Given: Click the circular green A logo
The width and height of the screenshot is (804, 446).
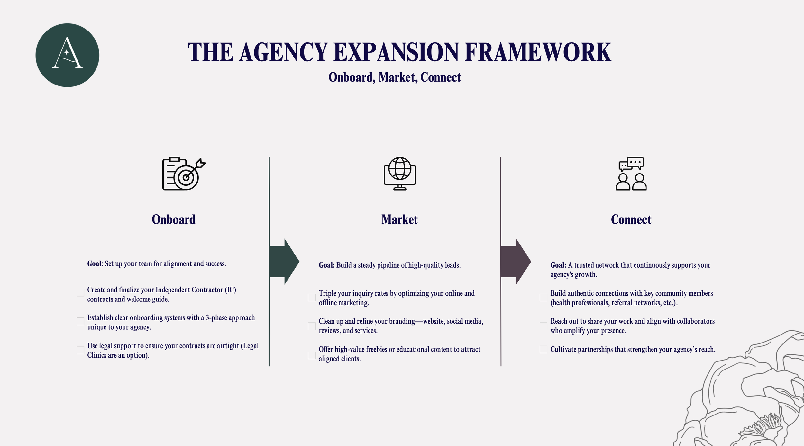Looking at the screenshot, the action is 67,55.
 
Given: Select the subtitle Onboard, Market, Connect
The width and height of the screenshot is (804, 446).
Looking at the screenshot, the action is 394,77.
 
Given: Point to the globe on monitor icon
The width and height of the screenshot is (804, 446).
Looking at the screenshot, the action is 399,174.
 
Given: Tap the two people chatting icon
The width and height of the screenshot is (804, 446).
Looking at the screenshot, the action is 631,174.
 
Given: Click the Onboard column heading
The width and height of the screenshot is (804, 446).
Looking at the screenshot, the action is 173,220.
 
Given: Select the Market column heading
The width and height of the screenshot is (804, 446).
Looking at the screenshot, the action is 399,220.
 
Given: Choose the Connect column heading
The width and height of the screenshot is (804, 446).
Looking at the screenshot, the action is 631,220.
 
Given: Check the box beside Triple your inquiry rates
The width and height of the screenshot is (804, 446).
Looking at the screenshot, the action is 312,298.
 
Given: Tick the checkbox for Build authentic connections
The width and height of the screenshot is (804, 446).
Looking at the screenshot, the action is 543,298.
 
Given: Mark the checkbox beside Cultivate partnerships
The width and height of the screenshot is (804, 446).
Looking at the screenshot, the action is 543,350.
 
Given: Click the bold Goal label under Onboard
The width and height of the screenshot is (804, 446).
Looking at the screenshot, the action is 95,264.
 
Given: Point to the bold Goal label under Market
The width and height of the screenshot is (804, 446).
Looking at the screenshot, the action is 326,265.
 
